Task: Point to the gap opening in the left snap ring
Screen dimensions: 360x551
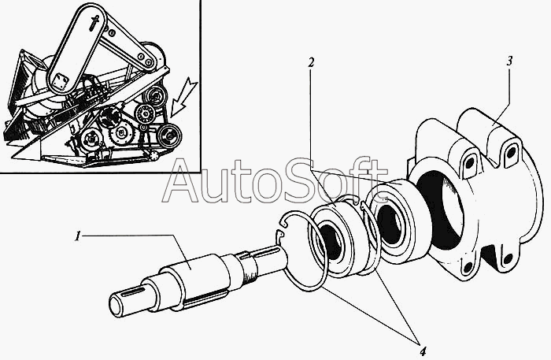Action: (283, 232)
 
